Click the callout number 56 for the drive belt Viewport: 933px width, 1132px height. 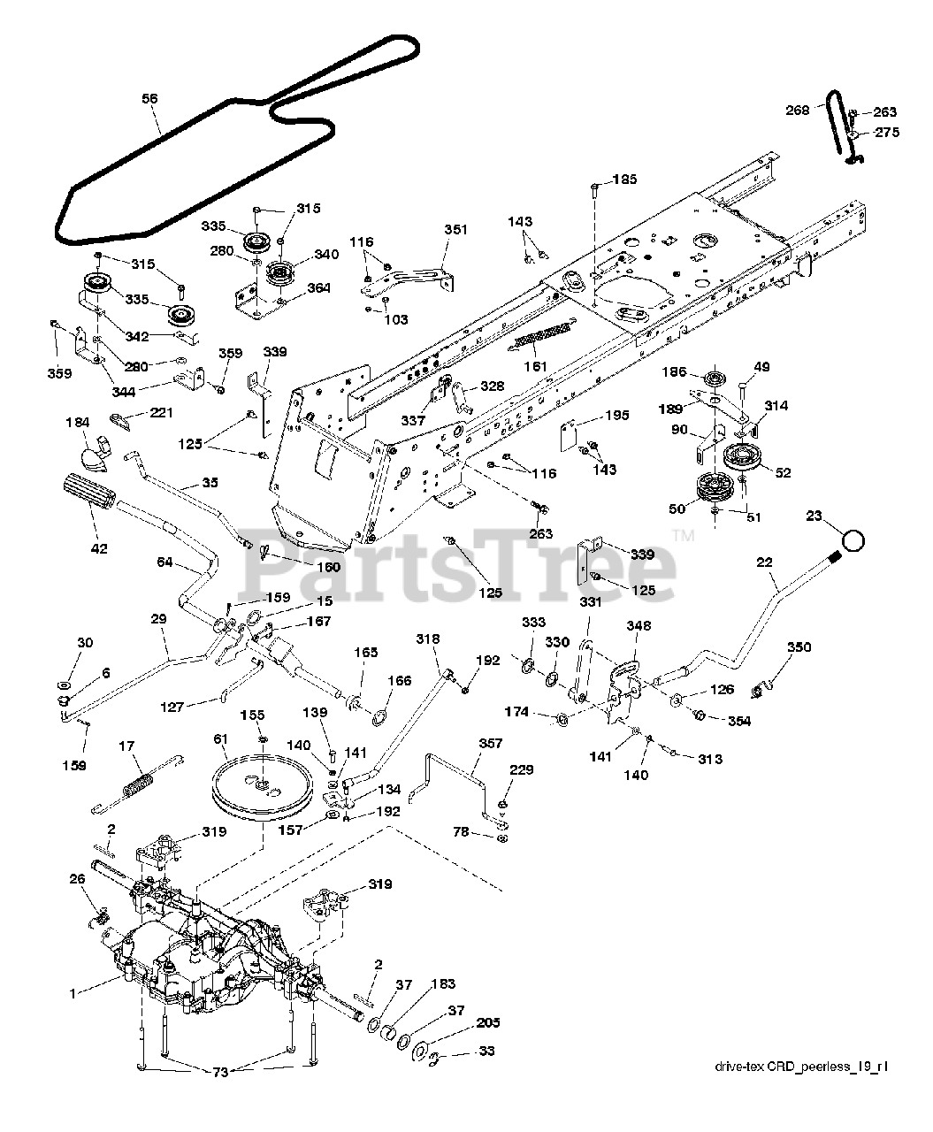(x=149, y=99)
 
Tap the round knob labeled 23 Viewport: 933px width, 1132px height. (x=853, y=540)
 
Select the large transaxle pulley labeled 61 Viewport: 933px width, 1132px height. (x=261, y=785)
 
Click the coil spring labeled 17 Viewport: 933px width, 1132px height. (x=138, y=784)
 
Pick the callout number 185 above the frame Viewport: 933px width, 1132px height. (x=624, y=179)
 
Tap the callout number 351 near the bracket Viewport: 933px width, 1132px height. (x=455, y=229)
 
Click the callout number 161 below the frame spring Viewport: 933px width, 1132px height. (x=535, y=366)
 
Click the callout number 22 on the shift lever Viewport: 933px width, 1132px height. (x=764, y=562)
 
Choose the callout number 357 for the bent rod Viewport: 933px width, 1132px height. (x=490, y=743)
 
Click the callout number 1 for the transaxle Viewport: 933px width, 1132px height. (x=73, y=993)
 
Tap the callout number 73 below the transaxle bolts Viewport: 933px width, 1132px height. (x=220, y=1072)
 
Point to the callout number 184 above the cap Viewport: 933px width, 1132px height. (x=77, y=423)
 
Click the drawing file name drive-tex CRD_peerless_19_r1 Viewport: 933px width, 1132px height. (x=801, y=1067)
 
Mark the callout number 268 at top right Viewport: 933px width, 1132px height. (x=798, y=110)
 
